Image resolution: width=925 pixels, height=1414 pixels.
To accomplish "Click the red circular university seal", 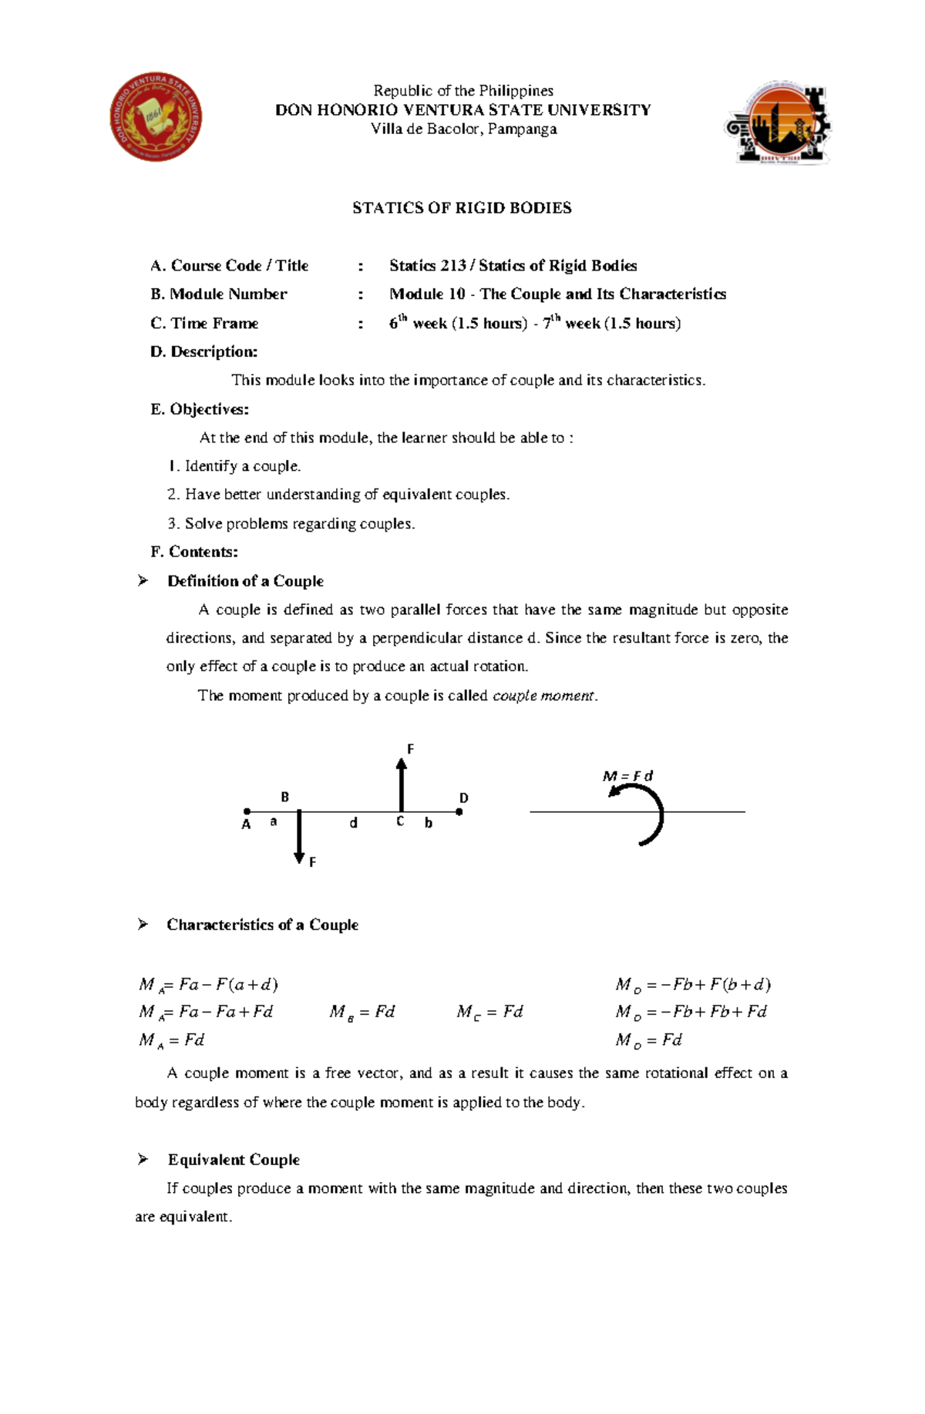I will pyautogui.click(x=156, y=117).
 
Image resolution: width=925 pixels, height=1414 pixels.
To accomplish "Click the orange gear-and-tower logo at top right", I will pyautogui.click(x=779, y=123).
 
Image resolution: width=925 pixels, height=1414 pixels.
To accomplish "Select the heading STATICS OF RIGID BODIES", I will pyautogui.click(x=462, y=208).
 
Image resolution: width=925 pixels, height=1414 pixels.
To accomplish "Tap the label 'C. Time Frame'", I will pyautogui.click(x=204, y=324).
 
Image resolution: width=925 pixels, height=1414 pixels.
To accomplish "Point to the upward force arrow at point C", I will pyautogui.click(x=401, y=782).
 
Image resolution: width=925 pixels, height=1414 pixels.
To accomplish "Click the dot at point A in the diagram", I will pyautogui.click(x=247, y=811).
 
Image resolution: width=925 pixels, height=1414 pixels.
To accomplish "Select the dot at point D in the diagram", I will pyautogui.click(x=459, y=811).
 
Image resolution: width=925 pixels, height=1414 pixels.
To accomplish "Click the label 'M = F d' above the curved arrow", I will pyautogui.click(x=627, y=776).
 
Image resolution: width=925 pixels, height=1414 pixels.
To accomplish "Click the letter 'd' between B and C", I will pyautogui.click(x=353, y=823).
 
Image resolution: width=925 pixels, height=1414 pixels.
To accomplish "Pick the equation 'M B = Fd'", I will pyautogui.click(x=362, y=1013).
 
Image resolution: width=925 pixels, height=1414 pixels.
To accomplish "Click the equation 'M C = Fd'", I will pyautogui.click(x=489, y=1013).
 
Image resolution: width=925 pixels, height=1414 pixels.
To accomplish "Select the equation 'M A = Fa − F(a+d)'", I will pyautogui.click(x=208, y=985).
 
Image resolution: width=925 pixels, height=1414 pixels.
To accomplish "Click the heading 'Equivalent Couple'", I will pyautogui.click(x=234, y=1160).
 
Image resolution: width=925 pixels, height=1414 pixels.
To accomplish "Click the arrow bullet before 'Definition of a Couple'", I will pyautogui.click(x=143, y=581).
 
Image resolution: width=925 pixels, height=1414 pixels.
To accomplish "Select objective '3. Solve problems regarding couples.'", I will pyautogui.click(x=291, y=524).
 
